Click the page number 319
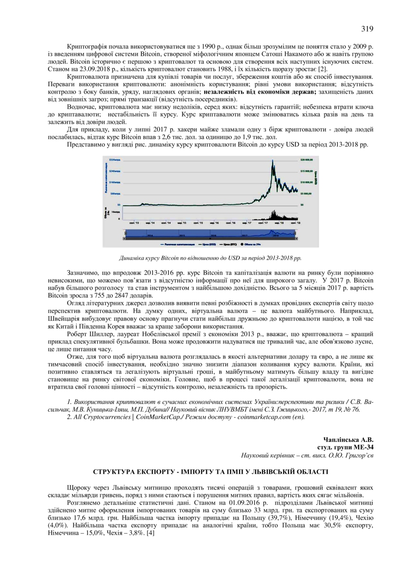pyautogui.click(x=367, y=29)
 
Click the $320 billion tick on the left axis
pyautogui.click(x=114, y=159)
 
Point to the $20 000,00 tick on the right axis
pyautogui.click(x=306, y=160)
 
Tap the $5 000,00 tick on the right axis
pyautogui.click(x=306, y=194)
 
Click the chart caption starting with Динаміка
pyautogui.click(x=210, y=258)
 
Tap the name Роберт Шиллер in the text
pyautogui.click(x=88, y=334)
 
